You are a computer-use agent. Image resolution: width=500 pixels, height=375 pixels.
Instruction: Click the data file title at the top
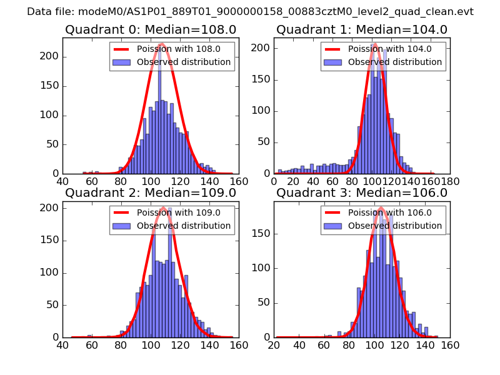click(x=250, y=12)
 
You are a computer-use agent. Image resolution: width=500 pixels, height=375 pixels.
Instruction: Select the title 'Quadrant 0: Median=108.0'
click(x=151, y=30)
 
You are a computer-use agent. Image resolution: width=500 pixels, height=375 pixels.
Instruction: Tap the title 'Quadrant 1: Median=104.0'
click(x=362, y=30)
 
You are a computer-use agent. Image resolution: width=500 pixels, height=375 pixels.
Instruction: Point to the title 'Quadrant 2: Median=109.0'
click(x=151, y=192)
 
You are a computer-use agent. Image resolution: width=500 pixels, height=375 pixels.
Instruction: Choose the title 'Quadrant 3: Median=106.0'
click(x=362, y=192)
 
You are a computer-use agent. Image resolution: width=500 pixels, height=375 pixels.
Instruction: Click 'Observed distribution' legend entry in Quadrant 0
click(x=184, y=62)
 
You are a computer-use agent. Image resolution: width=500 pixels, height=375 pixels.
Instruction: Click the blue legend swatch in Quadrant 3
click(x=332, y=226)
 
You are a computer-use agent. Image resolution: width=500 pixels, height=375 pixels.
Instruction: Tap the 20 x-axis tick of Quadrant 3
click(x=274, y=344)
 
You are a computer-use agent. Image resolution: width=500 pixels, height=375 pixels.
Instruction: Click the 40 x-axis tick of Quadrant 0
click(x=62, y=181)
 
